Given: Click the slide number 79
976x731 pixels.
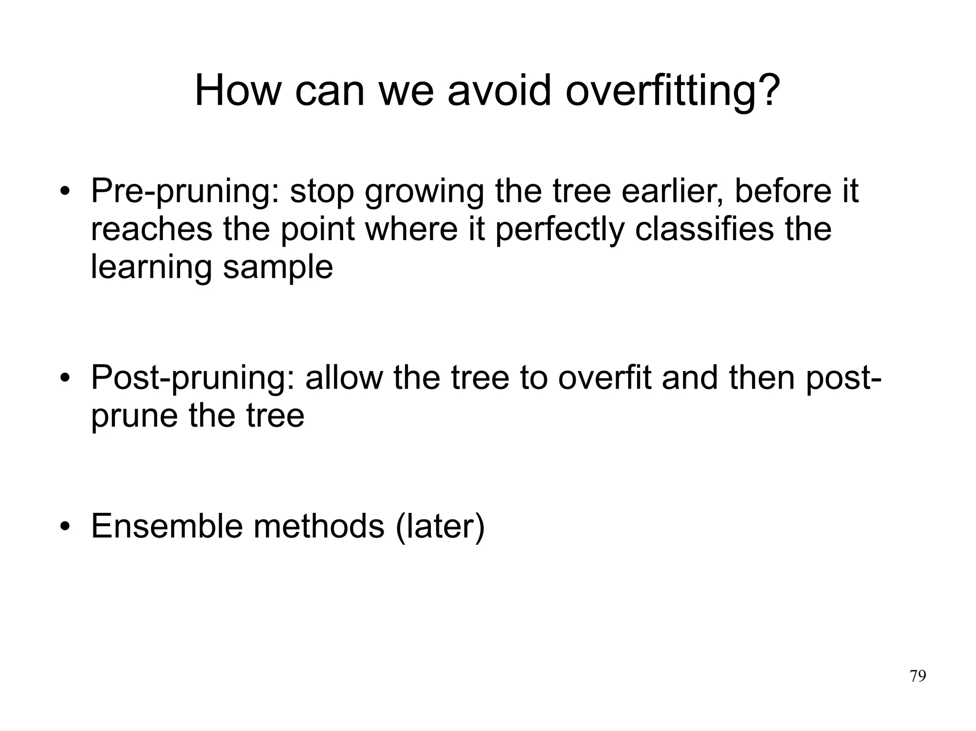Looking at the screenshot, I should (917, 676).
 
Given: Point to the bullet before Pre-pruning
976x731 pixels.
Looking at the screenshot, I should (65, 193).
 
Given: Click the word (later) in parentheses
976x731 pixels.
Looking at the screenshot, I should (440, 526).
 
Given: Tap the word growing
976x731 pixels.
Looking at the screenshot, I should (424, 191).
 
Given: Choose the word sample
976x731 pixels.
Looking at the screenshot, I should (278, 268).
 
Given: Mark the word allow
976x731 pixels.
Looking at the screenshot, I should (344, 378).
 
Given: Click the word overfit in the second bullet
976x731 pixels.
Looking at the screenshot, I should (604, 378).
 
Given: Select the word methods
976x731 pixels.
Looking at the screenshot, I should (318, 526).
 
